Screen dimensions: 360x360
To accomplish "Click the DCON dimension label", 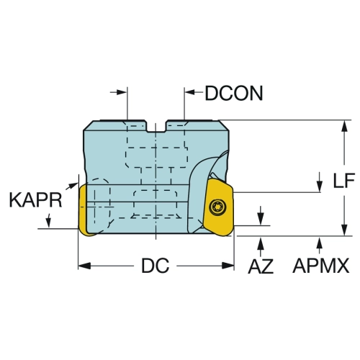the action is tap(234, 94).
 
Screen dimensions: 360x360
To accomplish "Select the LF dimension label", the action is tap(343, 180).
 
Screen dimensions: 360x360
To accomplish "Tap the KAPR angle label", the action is tap(35, 200).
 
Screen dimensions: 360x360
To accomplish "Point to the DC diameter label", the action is tap(156, 266).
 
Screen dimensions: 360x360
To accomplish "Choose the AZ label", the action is tap(261, 266).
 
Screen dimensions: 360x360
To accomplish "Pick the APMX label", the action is tap(321, 266).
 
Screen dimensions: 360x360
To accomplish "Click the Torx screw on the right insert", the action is tap(215, 206).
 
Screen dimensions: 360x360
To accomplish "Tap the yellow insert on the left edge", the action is tap(84, 210).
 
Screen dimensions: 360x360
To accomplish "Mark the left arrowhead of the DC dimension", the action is tap(84, 266).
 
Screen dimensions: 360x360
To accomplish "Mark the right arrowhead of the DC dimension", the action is tap(228, 266).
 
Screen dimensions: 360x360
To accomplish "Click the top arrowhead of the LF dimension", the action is tap(345, 126).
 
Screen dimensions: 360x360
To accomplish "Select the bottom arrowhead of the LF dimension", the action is tap(345, 230).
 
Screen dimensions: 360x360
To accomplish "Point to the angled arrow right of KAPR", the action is tap(71, 186).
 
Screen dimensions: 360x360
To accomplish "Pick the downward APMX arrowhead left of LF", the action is tap(320, 185).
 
